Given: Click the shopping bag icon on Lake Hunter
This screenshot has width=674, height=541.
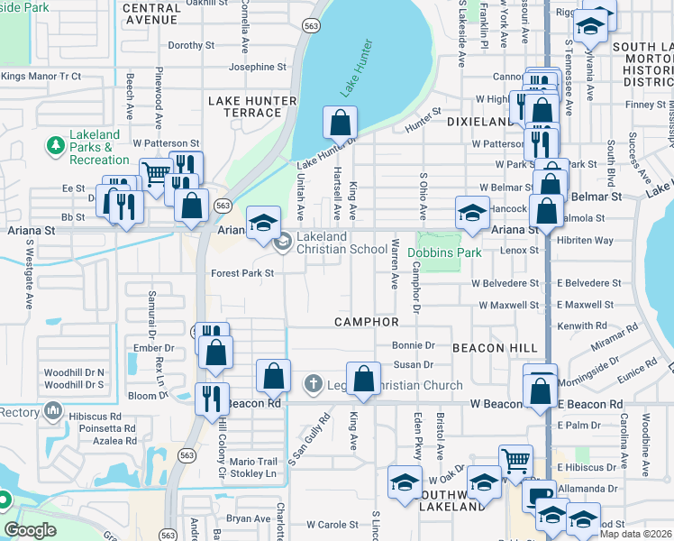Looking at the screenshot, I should pos(340,122).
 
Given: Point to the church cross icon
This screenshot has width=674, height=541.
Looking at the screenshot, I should pos(313,383).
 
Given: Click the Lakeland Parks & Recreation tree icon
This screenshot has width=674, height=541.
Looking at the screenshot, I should pos(55,144).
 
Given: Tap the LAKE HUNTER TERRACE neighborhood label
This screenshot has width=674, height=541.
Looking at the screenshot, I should pos(245,106).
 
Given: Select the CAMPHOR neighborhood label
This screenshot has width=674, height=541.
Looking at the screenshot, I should pos(367,322).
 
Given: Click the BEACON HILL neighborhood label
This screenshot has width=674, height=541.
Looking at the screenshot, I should pos(495,347).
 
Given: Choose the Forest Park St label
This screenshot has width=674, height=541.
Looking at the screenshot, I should pos(242,272).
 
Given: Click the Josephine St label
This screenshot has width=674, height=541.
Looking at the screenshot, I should pos(257,67).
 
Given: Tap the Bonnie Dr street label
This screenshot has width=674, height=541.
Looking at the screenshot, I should pos(414,345).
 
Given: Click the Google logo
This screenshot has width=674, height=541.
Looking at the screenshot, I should pos(31,530).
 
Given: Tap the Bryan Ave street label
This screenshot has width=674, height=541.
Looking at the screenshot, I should pos(249,518).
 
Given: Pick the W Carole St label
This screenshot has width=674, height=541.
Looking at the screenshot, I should pos(332,524).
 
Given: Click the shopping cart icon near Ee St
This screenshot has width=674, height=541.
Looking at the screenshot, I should pos(156,172).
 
